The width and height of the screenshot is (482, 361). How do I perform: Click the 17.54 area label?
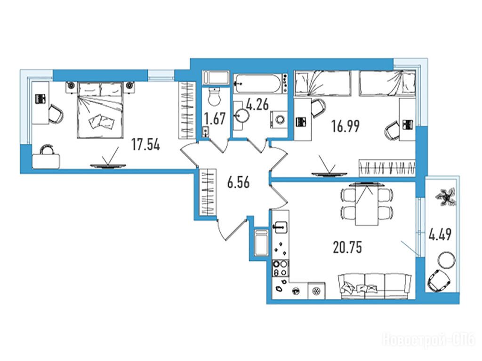coord(146,145)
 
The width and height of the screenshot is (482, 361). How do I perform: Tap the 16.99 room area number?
coord(345,126)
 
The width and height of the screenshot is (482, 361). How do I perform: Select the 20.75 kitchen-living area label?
coord(347,247)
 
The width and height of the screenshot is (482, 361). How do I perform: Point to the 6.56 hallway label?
coord(238,183)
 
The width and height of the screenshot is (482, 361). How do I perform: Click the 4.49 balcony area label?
coord(440,235)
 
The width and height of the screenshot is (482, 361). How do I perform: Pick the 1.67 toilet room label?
coord(215,118)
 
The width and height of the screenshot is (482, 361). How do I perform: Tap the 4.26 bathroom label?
coord(257,104)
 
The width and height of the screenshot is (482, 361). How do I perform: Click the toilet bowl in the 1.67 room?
coord(214,96)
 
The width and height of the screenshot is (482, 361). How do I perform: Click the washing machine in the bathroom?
coord(279,119)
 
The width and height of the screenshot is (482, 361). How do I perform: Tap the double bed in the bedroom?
coord(100,110)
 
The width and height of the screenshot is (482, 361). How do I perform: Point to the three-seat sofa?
coord(375,286)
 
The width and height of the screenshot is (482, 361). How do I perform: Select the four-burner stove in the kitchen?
coord(281,268)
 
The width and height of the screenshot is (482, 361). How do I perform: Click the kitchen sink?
coord(280,228)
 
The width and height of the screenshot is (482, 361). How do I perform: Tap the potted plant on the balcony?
coord(446,197)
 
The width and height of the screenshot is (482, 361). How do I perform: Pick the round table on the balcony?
coord(445,260)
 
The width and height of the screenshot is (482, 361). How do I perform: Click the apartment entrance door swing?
coord(231,229)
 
